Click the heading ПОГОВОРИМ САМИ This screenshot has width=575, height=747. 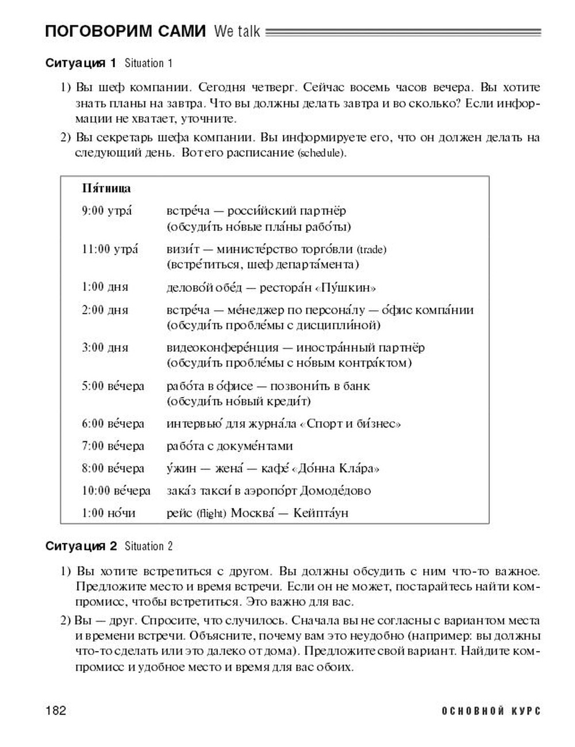click(x=125, y=32)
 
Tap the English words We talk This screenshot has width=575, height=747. click(x=236, y=32)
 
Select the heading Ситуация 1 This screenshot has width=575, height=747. click(x=81, y=63)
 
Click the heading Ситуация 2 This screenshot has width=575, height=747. click(x=81, y=546)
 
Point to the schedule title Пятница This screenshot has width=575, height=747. click(x=106, y=188)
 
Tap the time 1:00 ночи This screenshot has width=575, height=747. click(x=108, y=513)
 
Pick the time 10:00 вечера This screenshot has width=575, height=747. click(x=116, y=491)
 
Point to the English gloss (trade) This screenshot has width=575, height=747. click(x=371, y=249)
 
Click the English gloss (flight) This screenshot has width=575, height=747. click(x=210, y=513)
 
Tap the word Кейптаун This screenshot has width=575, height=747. click(x=321, y=513)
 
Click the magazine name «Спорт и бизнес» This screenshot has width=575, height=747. click(x=350, y=424)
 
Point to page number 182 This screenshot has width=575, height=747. click(x=56, y=711)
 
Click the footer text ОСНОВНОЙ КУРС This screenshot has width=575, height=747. click(x=491, y=711)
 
